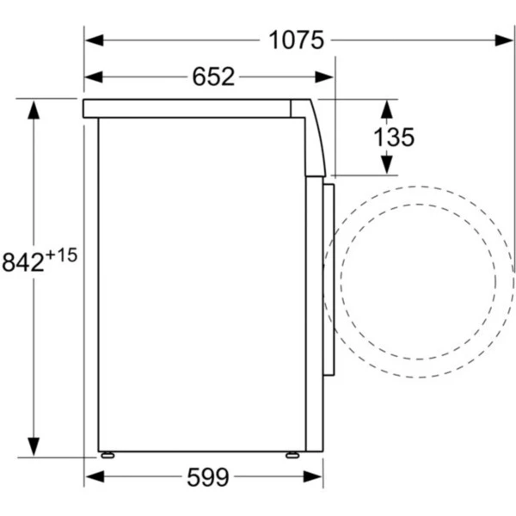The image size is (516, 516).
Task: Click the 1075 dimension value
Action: point(296,40)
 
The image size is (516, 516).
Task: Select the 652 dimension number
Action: point(213,77)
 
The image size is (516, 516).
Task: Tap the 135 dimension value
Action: point(394,137)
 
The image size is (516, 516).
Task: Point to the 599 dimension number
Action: point(207,477)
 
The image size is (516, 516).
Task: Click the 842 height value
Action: point(23,262)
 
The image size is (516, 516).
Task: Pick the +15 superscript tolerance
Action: point(62,255)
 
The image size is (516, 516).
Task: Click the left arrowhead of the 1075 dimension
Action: point(95,40)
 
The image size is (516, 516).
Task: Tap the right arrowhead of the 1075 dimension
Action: point(503,40)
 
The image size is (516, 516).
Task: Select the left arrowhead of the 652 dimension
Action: point(94,77)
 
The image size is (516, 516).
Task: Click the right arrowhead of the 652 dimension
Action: point(324,77)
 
